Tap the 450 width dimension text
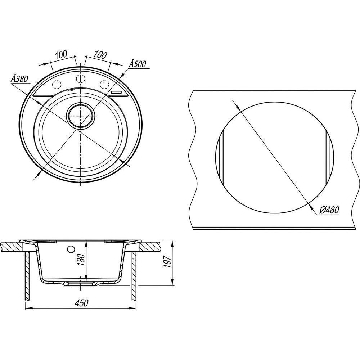point(81,303)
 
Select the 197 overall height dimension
point(168,261)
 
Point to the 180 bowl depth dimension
point(82,259)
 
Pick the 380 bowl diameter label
point(19,79)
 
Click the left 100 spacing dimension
point(61,54)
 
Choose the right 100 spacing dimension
point(100,55)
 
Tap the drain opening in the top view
point(80,115)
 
